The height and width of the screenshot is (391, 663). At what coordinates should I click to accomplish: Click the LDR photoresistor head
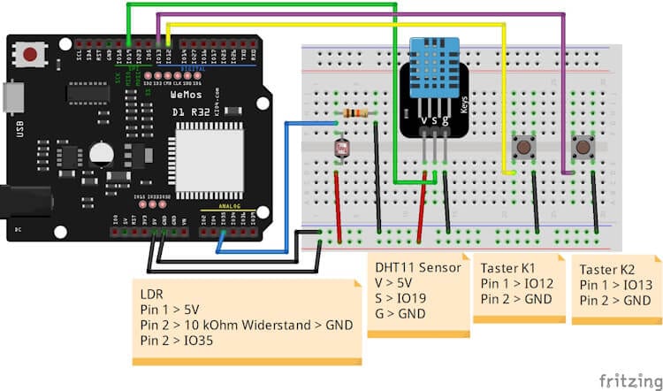pos(338,148)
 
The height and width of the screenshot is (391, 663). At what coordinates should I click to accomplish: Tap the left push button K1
pos(523,145)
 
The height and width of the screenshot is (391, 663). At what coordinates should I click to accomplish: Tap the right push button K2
pos(583,145)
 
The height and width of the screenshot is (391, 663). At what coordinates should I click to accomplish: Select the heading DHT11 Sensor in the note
pos(415,266)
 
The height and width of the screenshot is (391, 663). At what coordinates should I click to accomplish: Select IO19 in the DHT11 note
pos(412,298)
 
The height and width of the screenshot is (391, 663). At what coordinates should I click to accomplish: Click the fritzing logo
pos(628,379)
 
